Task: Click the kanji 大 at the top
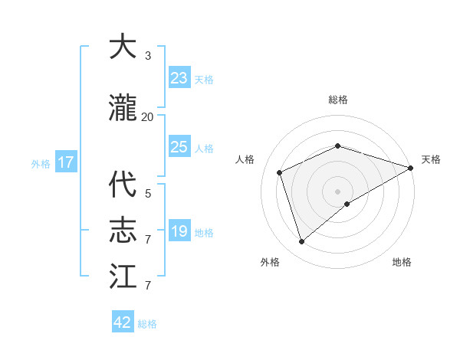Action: tap(123, 47)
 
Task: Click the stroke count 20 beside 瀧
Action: tap(148, 117)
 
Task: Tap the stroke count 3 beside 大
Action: tap(148, 56)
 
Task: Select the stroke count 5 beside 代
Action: tap(148, 194)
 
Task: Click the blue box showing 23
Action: tap(179, 78)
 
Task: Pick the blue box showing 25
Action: tap(179, 147)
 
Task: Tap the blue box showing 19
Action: tap(179, 231)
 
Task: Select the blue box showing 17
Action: tap(65, 162)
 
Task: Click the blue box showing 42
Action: tap(123, 322)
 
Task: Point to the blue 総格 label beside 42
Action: tap(147, 324)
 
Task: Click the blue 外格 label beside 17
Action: tap(41, 163)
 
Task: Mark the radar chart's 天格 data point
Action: tap(411, 168)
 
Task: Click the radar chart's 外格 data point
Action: tap(301, 242)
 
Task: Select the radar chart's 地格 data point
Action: tap(347, 204)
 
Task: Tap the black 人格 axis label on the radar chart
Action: tap(245, 159)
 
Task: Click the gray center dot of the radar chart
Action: tap(337, 191)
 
